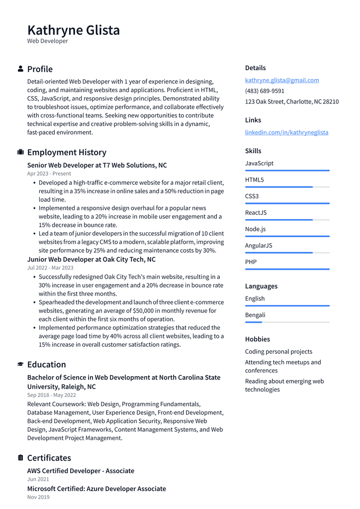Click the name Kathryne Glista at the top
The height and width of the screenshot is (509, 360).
[x=74, y=30]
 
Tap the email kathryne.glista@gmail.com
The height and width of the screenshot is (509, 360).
[x=282, y=80]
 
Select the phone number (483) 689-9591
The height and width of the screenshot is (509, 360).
[x=265, y=91]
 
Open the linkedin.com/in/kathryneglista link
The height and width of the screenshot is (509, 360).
[x=286, y=132]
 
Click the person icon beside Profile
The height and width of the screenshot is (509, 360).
[x=20, y=69]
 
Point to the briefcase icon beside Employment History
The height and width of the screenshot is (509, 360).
[x=20, y=152]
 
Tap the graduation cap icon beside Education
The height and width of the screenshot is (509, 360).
[x=20, y=364]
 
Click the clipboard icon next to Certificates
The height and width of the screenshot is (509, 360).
[x=20, y=457]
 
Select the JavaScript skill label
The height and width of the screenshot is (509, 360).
[x=259, y=163]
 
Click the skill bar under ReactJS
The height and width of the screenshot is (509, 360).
[x=287, y=219]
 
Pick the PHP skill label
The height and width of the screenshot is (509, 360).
[x=251, y=262]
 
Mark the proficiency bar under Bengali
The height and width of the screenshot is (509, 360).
[x=287, y=322]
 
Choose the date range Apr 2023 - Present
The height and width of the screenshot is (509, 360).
[x=49, y=174]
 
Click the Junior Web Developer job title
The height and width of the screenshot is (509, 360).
[x=91, y=259]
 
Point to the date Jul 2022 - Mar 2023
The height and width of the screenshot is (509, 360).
[x=50, y=268]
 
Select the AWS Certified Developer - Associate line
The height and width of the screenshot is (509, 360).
[x=81, y=471]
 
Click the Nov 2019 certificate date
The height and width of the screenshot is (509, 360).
[x=38, y=497]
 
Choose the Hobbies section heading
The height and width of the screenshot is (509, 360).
[x=258, y=339]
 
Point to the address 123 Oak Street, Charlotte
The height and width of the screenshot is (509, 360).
[x=292, y=102]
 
